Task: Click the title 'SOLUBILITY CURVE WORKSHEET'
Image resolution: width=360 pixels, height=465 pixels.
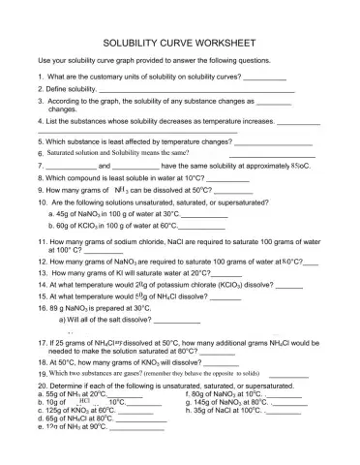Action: (179, 44)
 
